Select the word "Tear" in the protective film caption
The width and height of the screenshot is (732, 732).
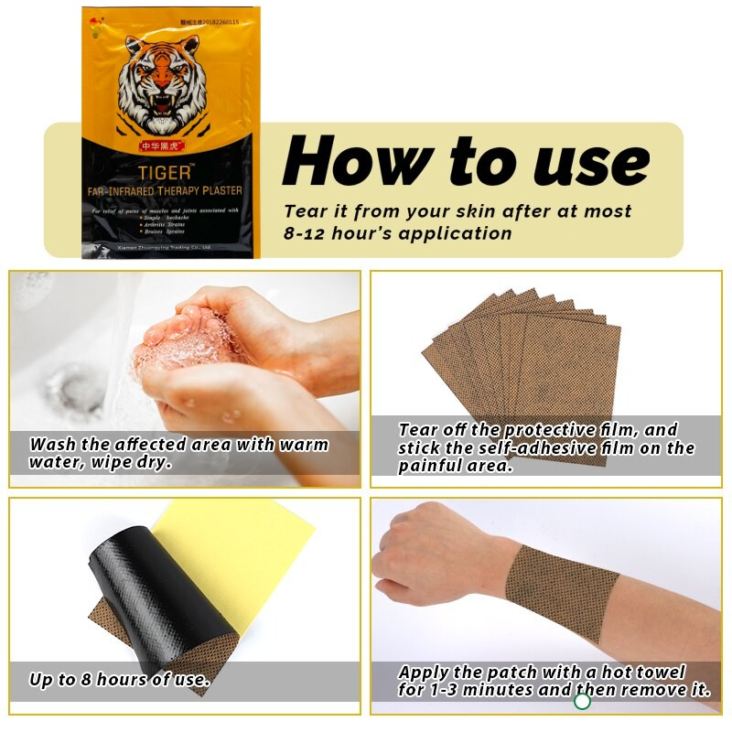click(420, 429)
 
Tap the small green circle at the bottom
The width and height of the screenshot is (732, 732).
click(582, 702)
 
